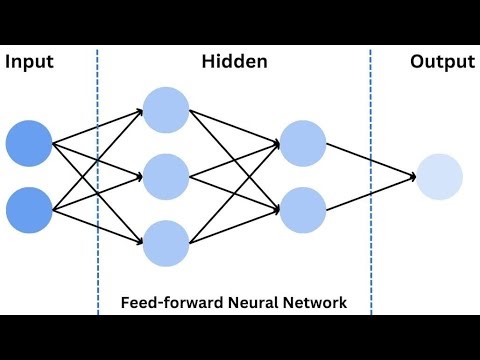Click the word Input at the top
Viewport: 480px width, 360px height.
pos(29,62)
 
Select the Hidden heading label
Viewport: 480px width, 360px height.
pos(234,62)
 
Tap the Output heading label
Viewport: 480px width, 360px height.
pos(442,62)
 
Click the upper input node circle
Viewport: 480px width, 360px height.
pos(29,143)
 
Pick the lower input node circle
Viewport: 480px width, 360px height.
pos(29,211)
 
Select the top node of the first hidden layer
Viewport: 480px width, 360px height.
pos(166,110)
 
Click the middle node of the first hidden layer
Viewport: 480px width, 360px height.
pos(166,177)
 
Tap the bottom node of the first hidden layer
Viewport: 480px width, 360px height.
pos(166,244)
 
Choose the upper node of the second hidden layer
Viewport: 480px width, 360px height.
pos(303,143)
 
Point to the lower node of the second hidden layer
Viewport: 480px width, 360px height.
pos(303,211)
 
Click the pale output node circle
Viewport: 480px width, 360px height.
pos(440,177)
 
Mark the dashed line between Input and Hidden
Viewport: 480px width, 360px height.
pos(98,180)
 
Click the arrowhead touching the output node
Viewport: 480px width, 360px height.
pos(412,177)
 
